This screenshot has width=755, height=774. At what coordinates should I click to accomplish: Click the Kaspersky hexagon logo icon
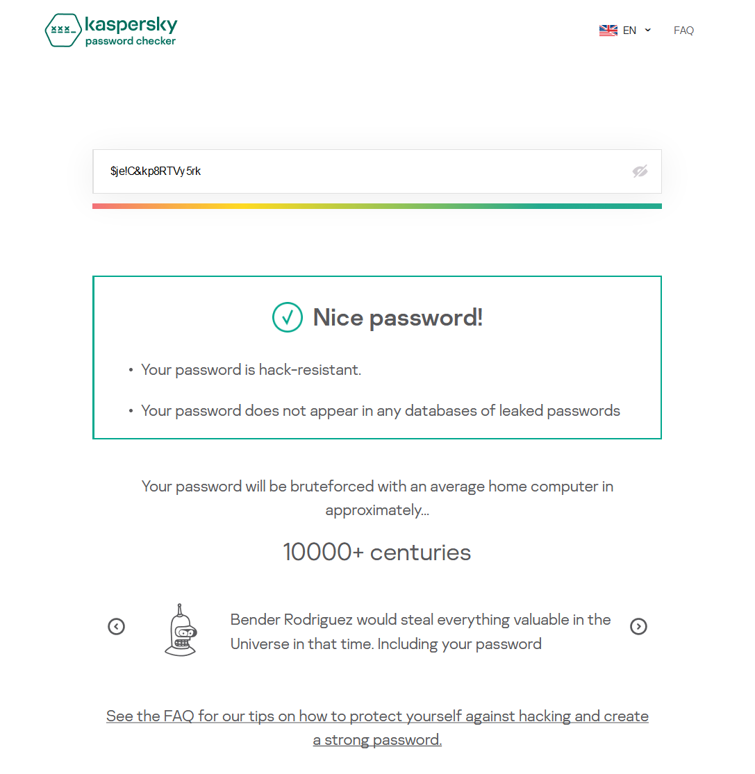point(63,30)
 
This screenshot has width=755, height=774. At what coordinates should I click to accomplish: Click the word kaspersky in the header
point(131,26)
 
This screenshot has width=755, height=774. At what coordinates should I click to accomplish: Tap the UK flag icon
point(608,31)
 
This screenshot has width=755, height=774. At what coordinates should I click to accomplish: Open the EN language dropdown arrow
point(648,30)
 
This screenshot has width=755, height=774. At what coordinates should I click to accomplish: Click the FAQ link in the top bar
point(683,31)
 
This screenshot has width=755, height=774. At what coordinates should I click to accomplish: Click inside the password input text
point(156,171)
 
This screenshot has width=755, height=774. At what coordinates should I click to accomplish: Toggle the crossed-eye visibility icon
point(640,171)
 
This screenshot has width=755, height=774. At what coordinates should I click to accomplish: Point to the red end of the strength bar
point(97,206)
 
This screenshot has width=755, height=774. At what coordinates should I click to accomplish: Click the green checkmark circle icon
point(287,317)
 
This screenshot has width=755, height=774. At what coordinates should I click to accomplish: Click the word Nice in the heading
point(338,317)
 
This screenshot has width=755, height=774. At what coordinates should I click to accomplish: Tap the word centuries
point(420,553)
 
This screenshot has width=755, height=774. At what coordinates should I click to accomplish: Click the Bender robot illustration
point(181,630)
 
